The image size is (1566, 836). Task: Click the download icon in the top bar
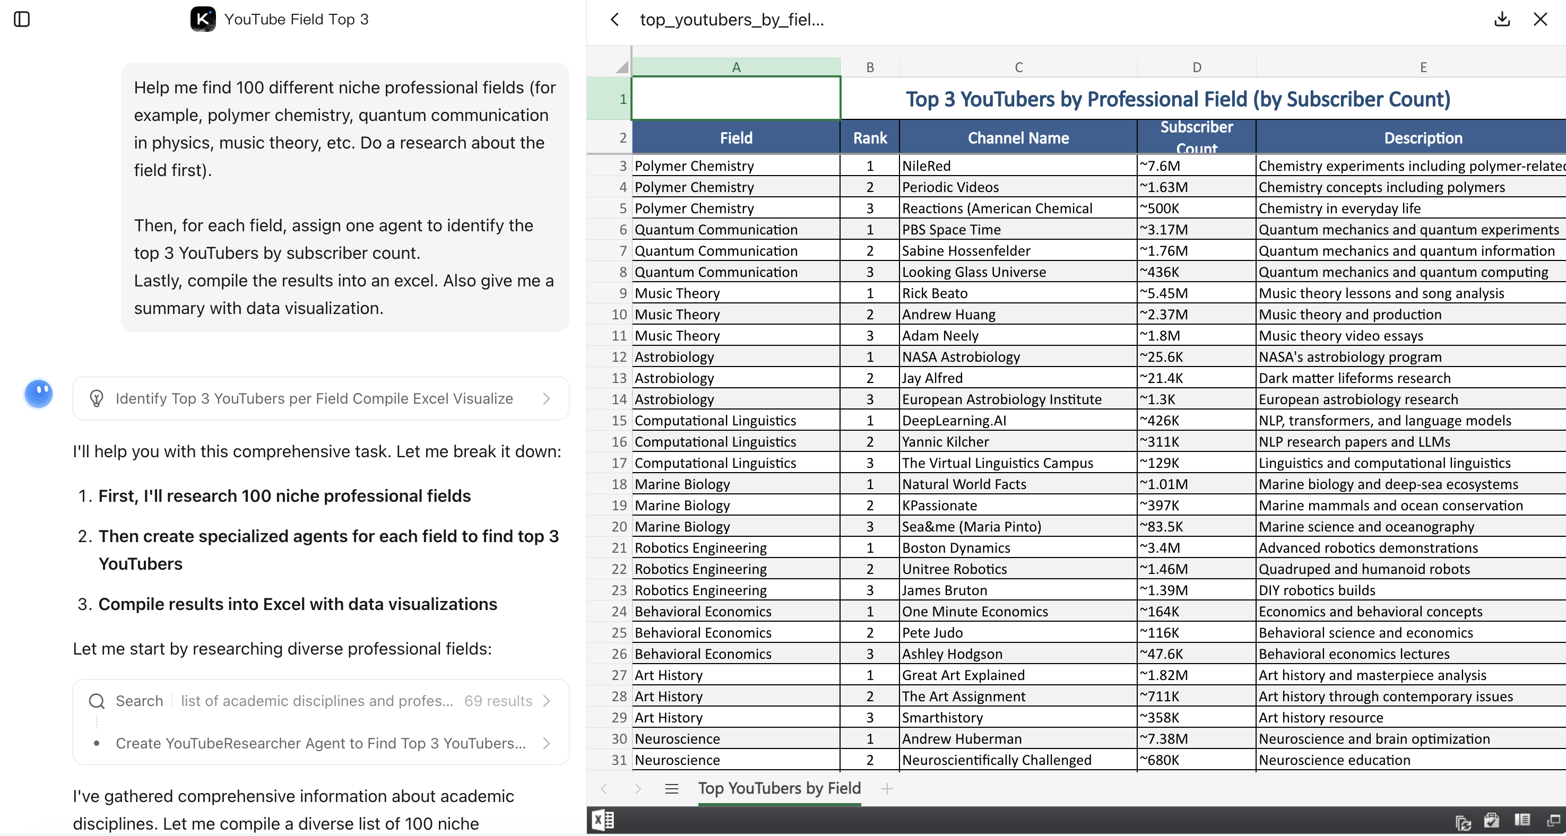point(1502,20)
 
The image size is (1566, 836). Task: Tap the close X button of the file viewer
point(1540,20)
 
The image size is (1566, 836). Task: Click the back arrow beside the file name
point(615,20)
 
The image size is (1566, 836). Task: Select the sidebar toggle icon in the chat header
point(22,20)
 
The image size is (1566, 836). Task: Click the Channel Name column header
point(1018,138)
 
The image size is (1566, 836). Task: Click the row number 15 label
point(618,421)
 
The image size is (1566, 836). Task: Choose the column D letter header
point(1196,67)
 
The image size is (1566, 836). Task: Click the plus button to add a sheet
point(887,789)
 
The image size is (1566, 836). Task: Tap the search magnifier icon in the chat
point(97,701)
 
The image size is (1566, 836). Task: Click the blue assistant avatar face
point(39,393)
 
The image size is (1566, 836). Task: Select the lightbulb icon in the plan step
point(97,398)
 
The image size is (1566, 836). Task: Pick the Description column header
point(1423,138)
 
